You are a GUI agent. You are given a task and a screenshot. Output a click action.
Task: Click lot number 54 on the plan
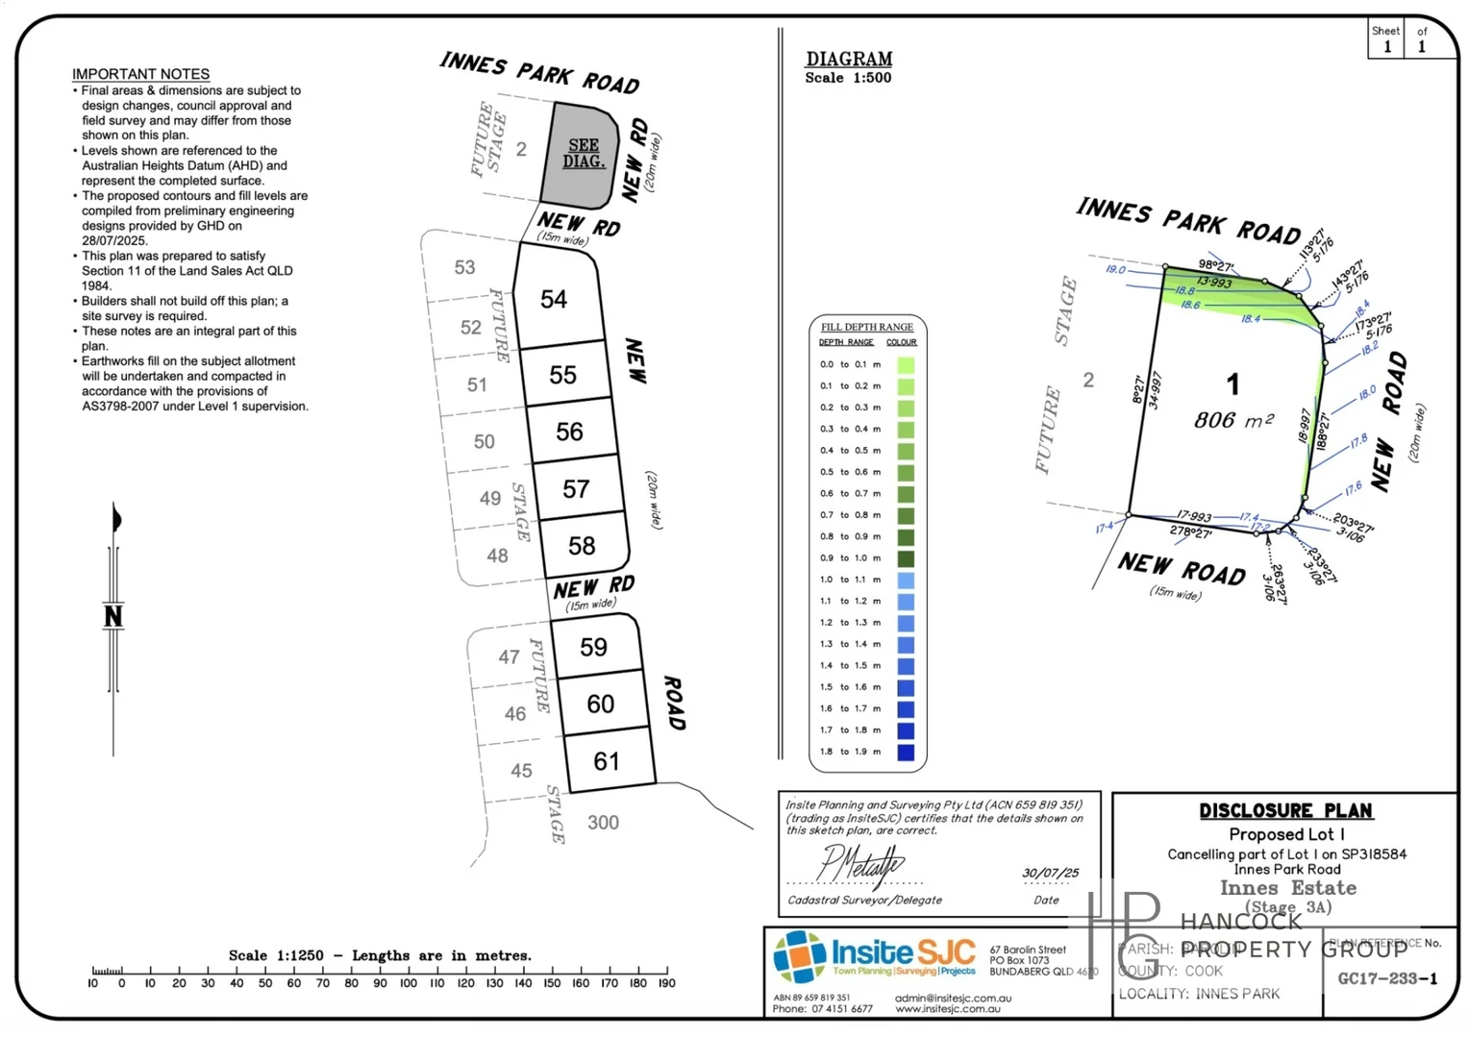click(x=554, y=300)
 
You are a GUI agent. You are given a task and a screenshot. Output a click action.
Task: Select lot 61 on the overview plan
click(x=607, y=762)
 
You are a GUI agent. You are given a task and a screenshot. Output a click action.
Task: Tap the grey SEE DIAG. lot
click(x=584, y=154)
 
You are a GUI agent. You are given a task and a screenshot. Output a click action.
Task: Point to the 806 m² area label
click(x=1233, y=420)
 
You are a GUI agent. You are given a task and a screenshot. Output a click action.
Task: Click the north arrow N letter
click(x=113, y=616)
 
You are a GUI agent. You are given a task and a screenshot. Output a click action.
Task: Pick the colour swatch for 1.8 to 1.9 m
click(x=906, y=753)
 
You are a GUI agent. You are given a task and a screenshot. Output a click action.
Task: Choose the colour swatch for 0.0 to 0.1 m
click(x=906, y=365)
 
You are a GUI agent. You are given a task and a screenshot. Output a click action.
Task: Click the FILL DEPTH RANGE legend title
click(x=867, y=327)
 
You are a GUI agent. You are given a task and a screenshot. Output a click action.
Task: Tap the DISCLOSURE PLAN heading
click(x=1285, y=811)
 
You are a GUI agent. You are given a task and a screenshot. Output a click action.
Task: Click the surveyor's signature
click(x=859, y=864)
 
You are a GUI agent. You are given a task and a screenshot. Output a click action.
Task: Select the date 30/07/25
click(x=1050, y=873)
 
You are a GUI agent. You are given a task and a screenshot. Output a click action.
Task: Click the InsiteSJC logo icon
click(x=800, y=957)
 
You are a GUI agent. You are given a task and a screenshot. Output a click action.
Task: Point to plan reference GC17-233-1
click(x=1387, y=978)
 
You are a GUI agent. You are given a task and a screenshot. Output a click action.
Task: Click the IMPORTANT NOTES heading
click(x=140, y=74)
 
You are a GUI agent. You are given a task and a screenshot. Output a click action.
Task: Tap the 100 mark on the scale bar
click(x=408, y=983)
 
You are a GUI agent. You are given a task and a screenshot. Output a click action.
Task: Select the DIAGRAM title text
click(x=849, y=60)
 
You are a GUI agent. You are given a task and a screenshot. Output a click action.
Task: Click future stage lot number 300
click(x=603, y=823)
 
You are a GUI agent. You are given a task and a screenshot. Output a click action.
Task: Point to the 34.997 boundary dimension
click(x=1155, y=390)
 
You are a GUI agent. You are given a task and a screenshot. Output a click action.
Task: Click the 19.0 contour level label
click(x=1115, y=269)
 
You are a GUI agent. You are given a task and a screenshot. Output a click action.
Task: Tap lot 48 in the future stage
click(x=497, y=556)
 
